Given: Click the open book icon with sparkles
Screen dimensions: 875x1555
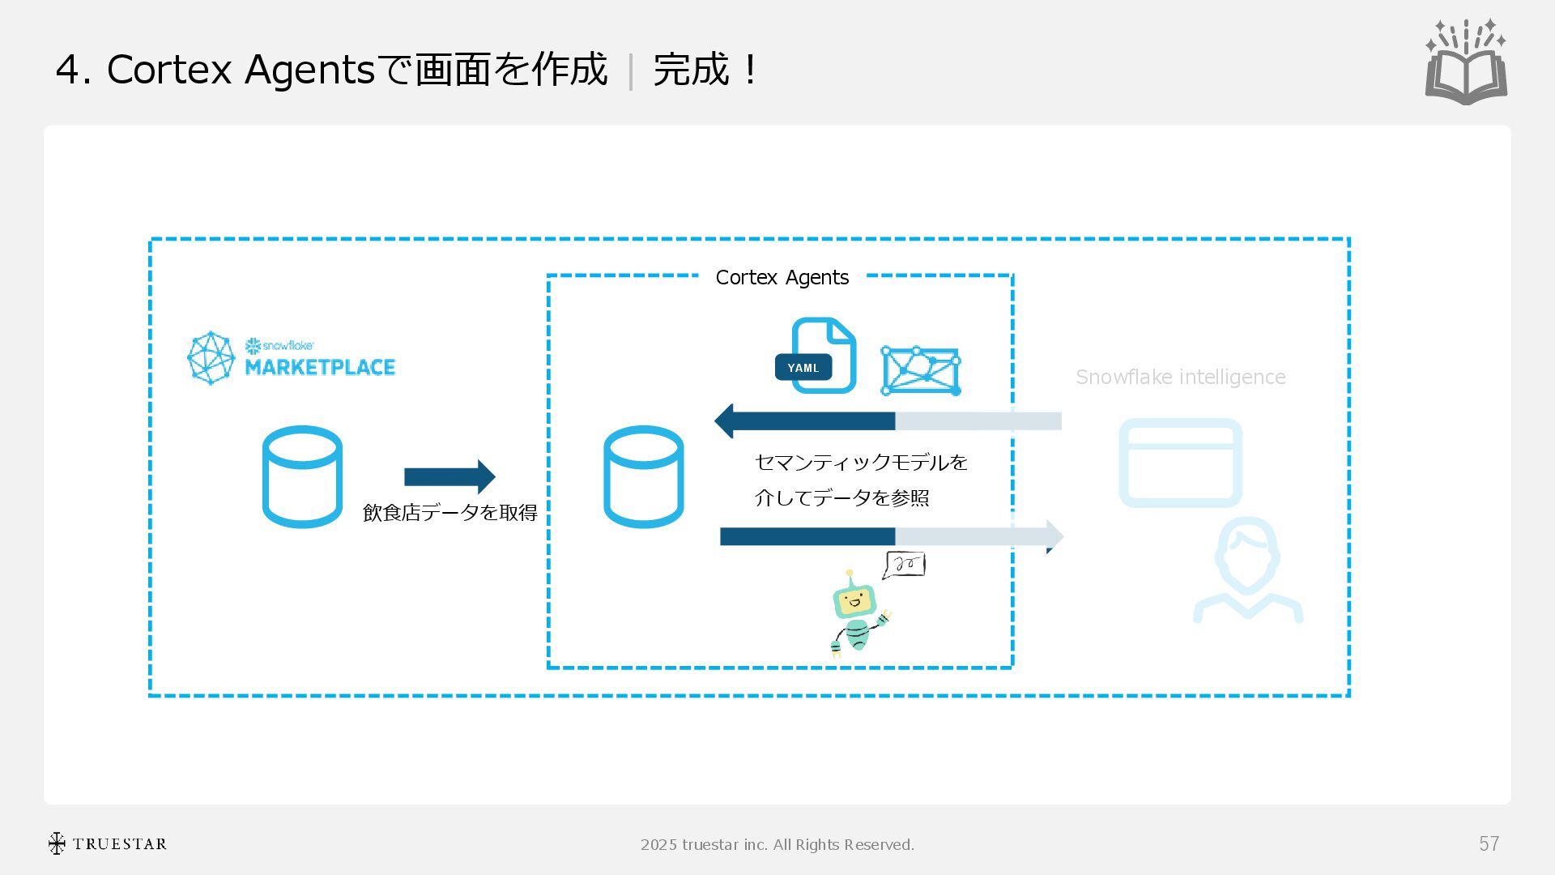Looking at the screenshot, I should pyautogui.click(x=1466, y=63).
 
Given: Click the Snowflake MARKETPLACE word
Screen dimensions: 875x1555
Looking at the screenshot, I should pyautogui.click(x=320, y=367).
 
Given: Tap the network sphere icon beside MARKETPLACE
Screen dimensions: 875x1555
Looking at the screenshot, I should pyautogui.click(x=211, y=357).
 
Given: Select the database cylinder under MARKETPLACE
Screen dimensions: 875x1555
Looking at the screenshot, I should pyautogui.click(x=302, y=476).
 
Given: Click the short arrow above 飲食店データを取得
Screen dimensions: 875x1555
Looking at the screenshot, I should pyautogui.click(x=449, y=477).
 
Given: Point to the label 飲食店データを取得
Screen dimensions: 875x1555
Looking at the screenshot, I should pyautogui.click(x=449, y=513).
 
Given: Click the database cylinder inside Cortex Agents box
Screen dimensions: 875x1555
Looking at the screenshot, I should pyautogui.click(x=643, y=476).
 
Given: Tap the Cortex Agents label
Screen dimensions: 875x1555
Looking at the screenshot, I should pyautogui.click(x=782, y=278).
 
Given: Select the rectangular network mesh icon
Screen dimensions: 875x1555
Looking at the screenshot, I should pyautogui.click(x=921, y=371).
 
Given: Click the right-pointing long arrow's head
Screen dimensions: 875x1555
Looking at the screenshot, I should pyautogui.click(x=1054, y=536).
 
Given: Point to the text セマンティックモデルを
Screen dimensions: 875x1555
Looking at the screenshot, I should pyautogui.click(x=861, y=463).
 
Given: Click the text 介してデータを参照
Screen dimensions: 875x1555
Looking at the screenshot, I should pyautogui.click(x=841, y=497).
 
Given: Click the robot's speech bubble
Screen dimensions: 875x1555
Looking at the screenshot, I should pyautogui.click(x=905, y=565).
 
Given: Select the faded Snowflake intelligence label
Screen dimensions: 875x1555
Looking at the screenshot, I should pyautogui.click(x=1180, y=378).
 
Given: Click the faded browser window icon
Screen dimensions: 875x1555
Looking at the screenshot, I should pyautogui.click(x=1180, y=463).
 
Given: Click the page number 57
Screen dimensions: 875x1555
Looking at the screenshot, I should pyautogui.click(x=1489, y=844).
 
